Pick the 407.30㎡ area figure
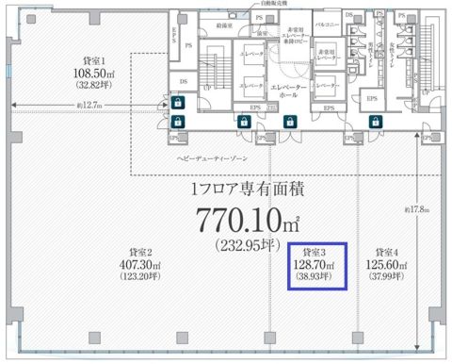[138, 266]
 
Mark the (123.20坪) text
[138, 277]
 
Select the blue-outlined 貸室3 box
[315, 267]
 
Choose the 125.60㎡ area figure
[385, 265]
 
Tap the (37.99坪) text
[385, 276]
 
